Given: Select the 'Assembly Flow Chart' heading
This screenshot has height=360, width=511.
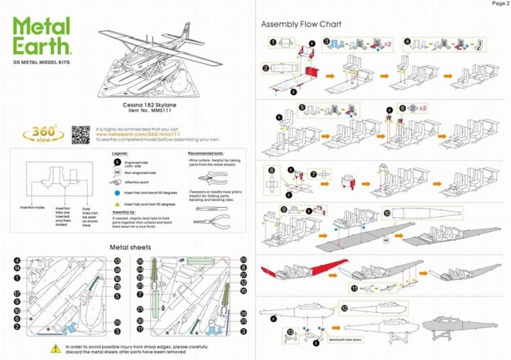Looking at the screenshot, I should (x=302, y=24).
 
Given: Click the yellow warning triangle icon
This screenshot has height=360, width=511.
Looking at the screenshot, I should (x=55, y=349).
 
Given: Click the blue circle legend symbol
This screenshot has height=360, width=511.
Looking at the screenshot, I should (x=116, y=192).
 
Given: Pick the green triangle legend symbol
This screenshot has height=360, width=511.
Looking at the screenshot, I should (x=116, y=203).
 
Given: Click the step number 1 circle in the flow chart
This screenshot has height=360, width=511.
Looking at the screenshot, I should (x=273, y=43).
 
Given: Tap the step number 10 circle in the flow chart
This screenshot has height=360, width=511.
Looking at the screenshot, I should (x=386, y=212).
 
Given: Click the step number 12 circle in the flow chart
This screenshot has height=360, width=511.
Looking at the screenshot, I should (x=345, y=309).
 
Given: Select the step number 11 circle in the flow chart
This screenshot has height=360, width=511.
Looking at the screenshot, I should (x=354, y=288).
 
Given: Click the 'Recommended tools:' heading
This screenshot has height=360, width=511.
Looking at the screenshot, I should (x=207, y=153).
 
